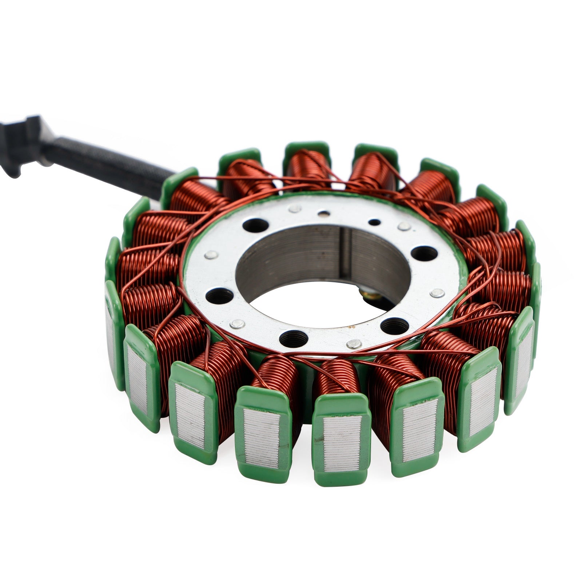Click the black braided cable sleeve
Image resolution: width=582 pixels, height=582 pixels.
(105, 164)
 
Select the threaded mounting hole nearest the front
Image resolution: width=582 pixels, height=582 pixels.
(294, 338)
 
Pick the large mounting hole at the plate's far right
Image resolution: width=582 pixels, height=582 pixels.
(423, 253)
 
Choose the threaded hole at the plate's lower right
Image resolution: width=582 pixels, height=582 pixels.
(395, 326)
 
